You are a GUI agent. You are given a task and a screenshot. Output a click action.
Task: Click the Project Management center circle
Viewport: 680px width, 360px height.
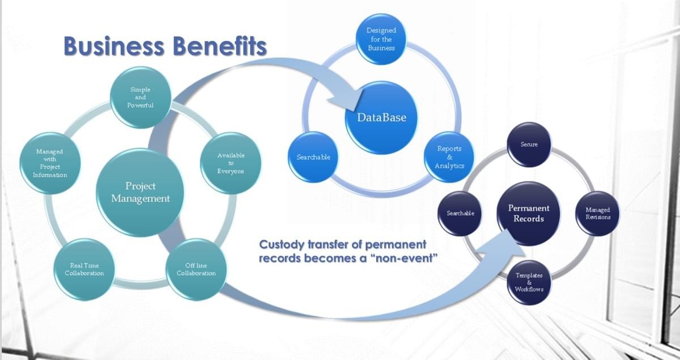[140, 192]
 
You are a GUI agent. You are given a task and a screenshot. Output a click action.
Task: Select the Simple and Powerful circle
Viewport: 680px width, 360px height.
[141, 98]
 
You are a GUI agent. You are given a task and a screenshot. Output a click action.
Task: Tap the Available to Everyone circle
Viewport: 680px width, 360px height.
[231, 163]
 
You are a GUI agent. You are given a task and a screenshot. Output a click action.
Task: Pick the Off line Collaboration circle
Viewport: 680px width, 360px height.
[196, 269]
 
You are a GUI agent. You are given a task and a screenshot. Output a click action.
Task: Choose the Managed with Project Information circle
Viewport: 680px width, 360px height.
[50, 163]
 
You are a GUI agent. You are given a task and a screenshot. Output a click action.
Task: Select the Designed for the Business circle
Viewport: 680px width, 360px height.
[381, 39]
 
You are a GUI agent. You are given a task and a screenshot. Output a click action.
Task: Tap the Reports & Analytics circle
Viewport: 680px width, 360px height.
[449, 157]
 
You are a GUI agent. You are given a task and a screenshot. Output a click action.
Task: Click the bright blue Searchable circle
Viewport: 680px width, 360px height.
[313, 157]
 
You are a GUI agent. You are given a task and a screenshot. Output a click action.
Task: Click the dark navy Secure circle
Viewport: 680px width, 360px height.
[529, 145]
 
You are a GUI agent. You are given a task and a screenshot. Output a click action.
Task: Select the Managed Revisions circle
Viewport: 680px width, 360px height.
[598, 214]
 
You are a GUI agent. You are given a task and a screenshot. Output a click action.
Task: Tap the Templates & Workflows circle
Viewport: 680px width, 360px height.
[529, 282]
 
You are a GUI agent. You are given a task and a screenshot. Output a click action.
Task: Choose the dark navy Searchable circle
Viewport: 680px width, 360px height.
[460, 214]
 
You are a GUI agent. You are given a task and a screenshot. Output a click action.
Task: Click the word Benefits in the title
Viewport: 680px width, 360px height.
[219, 46]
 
